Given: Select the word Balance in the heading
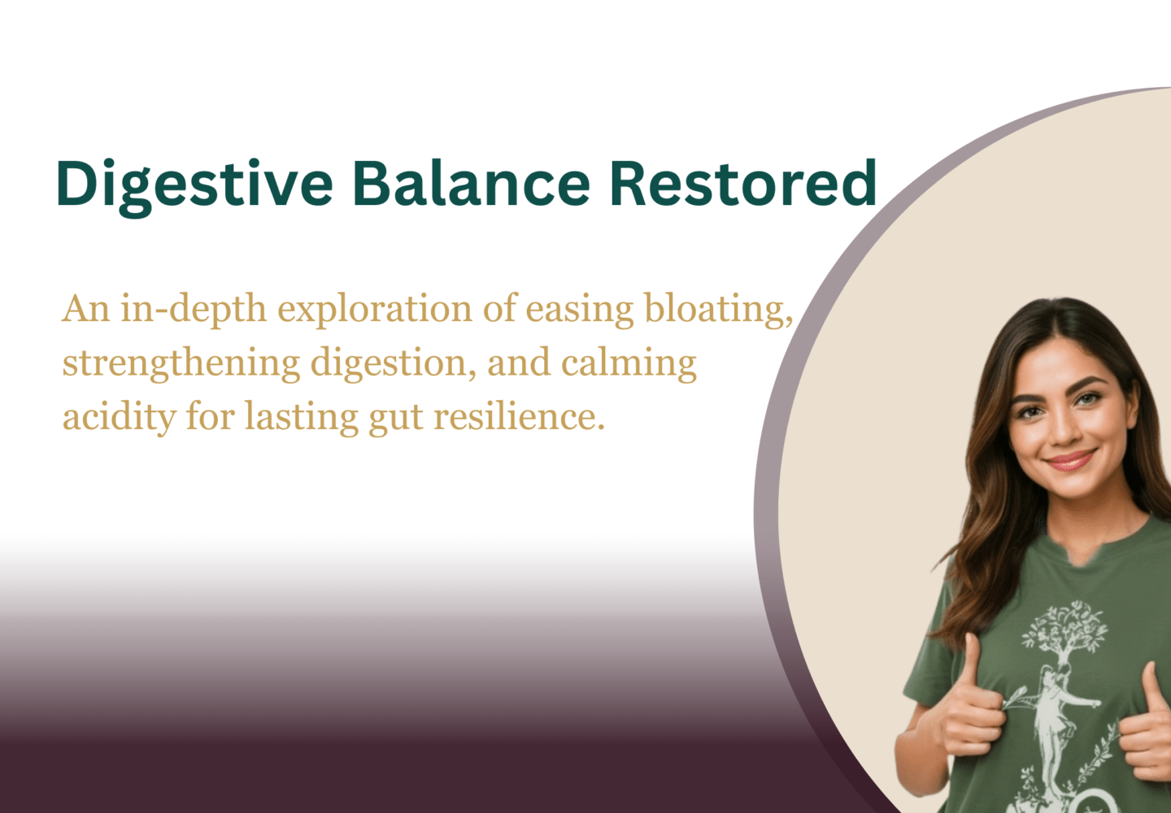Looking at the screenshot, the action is pos(472,184).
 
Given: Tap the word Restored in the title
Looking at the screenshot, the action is pos(743,184).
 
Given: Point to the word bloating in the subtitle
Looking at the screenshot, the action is pos(719,311).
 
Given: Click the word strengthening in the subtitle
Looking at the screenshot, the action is pos(181,365).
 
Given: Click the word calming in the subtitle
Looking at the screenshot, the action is pos(629,365).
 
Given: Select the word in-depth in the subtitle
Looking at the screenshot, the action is pos(194,311).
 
